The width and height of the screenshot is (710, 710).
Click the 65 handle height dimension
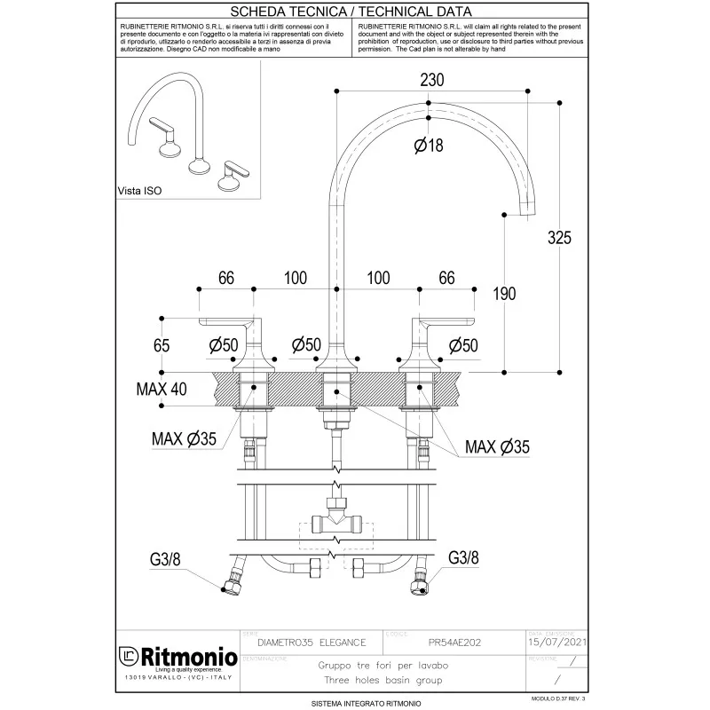162,344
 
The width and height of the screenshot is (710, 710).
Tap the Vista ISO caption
139,191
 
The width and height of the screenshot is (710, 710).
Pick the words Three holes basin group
383,681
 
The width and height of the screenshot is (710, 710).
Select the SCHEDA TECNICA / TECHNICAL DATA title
351,12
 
